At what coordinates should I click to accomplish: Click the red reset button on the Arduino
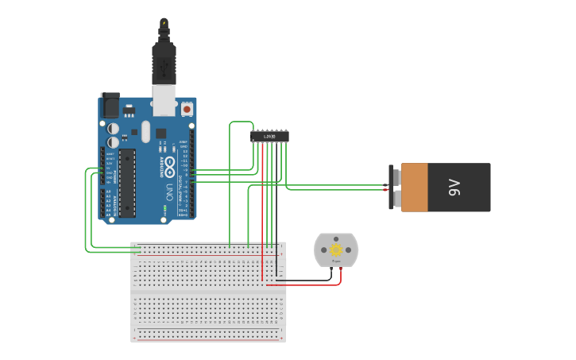187,109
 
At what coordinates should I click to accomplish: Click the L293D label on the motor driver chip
269,137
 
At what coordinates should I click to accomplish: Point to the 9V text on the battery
454,188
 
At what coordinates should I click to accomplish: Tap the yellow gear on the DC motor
336,250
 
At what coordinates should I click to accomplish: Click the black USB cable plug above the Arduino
164,64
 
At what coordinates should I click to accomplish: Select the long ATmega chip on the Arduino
127,183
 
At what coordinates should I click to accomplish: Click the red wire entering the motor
340,273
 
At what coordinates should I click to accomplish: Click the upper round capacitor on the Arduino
114,128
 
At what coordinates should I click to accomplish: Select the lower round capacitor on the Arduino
114,142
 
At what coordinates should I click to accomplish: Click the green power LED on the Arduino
164,209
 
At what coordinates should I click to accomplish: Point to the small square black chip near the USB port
160,134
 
